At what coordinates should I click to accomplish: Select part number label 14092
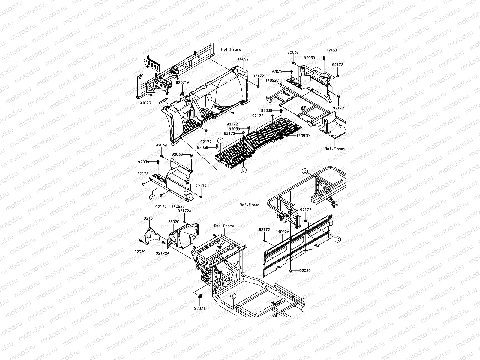pos(243,59)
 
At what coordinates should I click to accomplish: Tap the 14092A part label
pos(282,232)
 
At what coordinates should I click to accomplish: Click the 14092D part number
pos(303,136)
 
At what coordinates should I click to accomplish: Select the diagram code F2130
pos(332,50)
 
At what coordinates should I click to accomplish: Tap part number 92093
pos(145,103)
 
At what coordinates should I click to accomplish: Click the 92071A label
pos(182,82)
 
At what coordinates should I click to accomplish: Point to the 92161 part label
pos(149,218)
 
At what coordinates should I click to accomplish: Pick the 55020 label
pos(174,222)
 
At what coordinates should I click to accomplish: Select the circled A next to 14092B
pos(152,197)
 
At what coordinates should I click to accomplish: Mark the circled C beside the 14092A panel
pos(337,239)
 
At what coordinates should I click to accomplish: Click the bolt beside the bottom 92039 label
pos(291,271)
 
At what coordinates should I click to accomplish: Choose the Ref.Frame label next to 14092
pos(231,49)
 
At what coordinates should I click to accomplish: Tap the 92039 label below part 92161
pos(140,252)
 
